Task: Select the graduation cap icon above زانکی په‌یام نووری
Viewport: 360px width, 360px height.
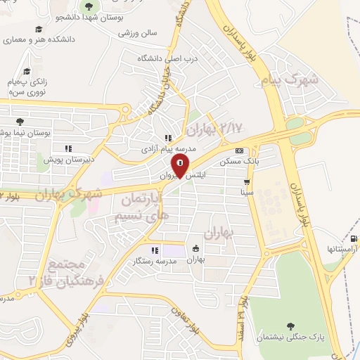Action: (26, 71)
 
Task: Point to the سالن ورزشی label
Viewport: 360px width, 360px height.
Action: (138, 33)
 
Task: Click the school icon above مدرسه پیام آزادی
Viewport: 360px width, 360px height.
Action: (167, 138)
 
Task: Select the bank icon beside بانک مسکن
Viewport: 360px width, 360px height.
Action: (240, 150)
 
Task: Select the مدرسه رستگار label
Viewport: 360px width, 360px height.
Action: (154, 261)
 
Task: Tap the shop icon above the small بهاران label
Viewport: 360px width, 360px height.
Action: (195, 248)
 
